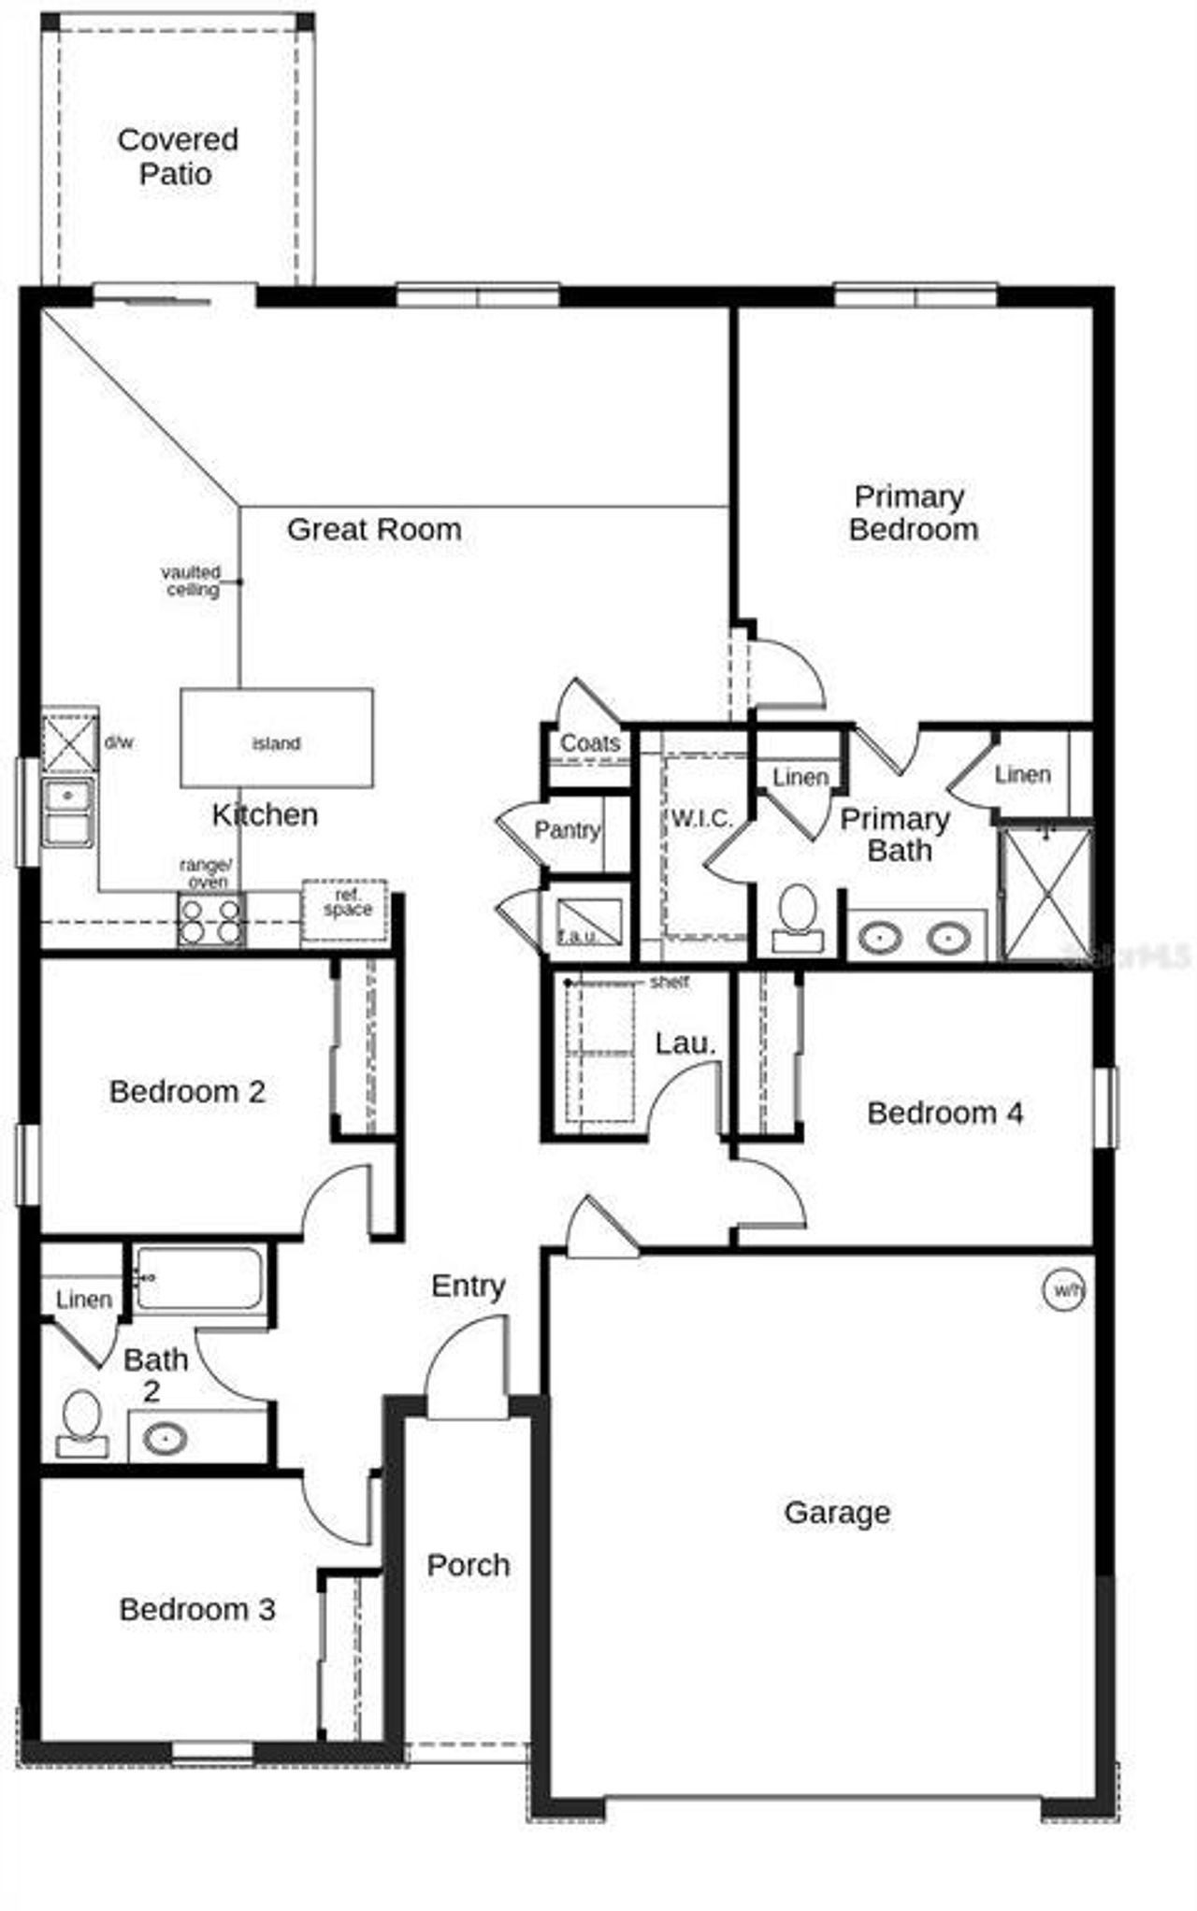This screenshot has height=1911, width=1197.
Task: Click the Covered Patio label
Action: (177, 156)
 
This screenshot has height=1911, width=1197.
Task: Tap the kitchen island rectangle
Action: (277, 738)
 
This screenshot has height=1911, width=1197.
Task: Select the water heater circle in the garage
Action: (1064, 1290)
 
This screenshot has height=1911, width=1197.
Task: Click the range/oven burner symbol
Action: (211, 920)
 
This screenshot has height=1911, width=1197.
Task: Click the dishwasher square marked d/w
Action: (70, 742)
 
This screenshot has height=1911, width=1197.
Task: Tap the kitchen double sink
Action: (67, 812)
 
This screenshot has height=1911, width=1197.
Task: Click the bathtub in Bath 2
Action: (198, 1278)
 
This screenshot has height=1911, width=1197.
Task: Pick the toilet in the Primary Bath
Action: (798, 916)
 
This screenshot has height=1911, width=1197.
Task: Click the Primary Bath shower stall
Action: (1046, 894)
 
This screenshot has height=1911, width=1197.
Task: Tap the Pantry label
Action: (567, 830)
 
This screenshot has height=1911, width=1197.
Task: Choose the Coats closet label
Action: (590, 743)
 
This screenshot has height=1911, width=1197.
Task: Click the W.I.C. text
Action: (701, 819)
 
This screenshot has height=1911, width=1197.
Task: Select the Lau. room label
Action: (685, 1043)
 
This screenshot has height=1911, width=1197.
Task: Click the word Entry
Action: (469, 1286)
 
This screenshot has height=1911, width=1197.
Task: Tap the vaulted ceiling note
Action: (192, 581)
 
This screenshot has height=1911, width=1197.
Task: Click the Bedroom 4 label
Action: (945, 1113)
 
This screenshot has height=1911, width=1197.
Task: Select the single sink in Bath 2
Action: (166, 1437)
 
